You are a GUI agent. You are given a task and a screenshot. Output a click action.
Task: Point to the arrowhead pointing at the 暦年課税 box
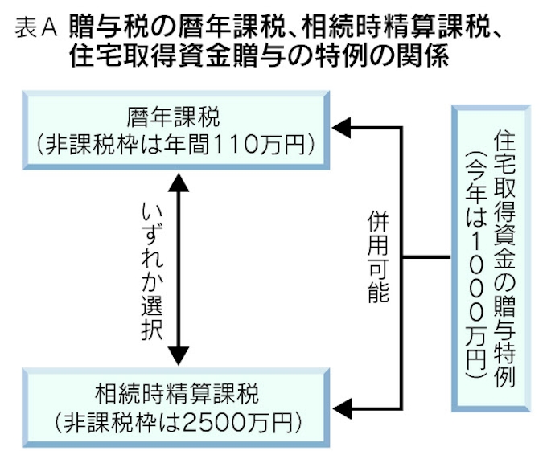343,127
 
